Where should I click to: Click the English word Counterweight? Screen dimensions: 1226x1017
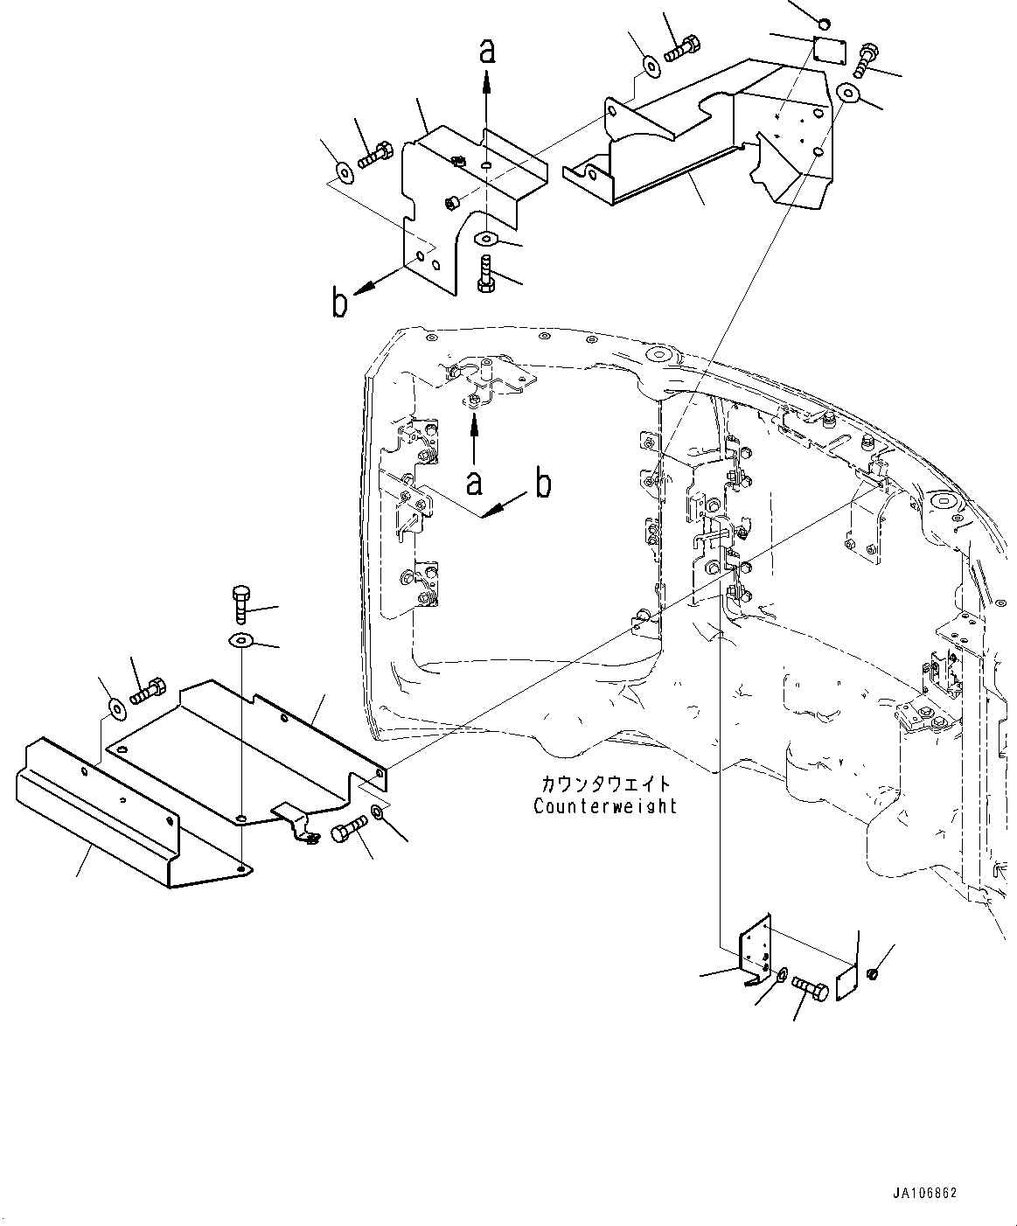[x=605, y=805]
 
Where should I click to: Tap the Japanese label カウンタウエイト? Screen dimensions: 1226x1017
[x=605, y=784]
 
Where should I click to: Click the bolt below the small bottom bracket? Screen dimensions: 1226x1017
[x=810, y=987]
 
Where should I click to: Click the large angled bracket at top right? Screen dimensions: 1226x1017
[x=717, y=140]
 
